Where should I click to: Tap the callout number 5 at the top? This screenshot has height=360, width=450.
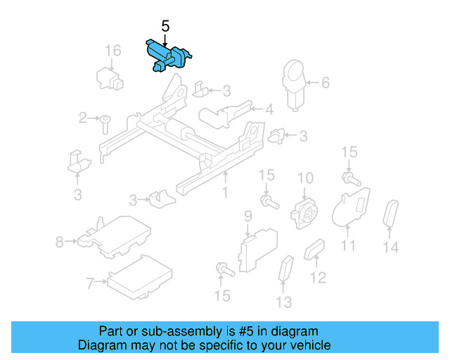tap(166, 26)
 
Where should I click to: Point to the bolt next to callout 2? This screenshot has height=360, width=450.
tap(104, 124)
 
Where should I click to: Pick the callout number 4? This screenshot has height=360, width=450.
tap(269, 109)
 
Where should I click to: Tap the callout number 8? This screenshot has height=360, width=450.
tap(60, 243)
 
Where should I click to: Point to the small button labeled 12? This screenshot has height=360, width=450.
tap(314, 249)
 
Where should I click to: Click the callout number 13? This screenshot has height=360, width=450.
tap(283, 303)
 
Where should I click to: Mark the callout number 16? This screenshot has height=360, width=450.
tap(113, 51)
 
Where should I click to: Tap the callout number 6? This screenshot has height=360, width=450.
tap(325, 83)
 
